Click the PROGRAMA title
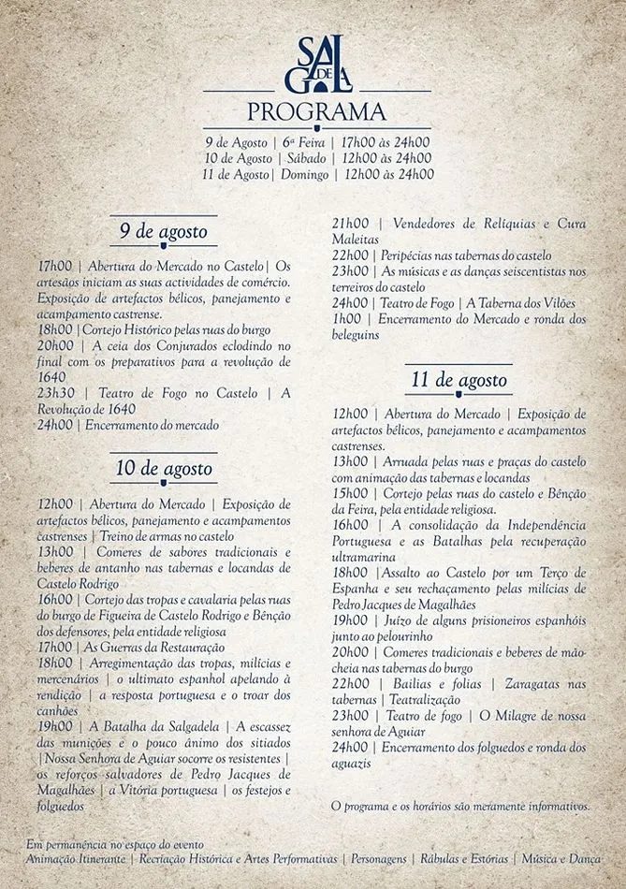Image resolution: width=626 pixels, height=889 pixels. (315, 112)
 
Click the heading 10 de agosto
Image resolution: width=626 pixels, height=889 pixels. (164, 468)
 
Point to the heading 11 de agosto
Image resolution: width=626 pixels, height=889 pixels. (459, 381)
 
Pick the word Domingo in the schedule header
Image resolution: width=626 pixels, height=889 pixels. (304, 174)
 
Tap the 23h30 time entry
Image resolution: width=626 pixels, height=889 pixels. (55, 393)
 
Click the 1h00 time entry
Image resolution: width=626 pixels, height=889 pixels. (346, 318)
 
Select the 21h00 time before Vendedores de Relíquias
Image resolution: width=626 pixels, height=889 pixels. (350, 223)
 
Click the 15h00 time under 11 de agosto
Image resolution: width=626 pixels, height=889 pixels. (350, 492)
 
